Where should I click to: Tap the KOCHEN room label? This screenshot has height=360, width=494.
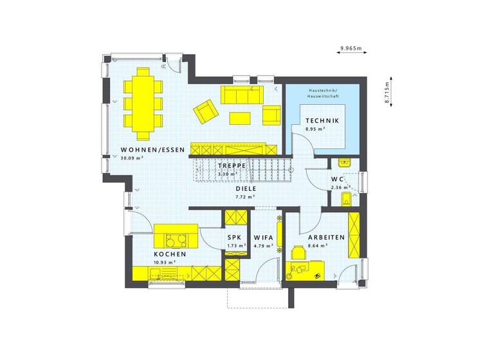click(170, 255)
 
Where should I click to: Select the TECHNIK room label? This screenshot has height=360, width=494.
click(322, 121)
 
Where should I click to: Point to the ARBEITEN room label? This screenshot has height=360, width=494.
click(327, 237)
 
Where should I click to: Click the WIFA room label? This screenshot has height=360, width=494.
click(264, 237)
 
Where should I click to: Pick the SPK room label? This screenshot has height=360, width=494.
click(234, 237)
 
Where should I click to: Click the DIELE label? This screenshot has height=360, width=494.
click(245, 188)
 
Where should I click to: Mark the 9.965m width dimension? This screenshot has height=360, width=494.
click(351, 48)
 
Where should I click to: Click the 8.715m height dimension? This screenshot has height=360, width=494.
click(388, 93)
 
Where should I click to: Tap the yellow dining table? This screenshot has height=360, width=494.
click(142, 103)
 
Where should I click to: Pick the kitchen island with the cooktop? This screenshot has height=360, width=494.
click(176, 236)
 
